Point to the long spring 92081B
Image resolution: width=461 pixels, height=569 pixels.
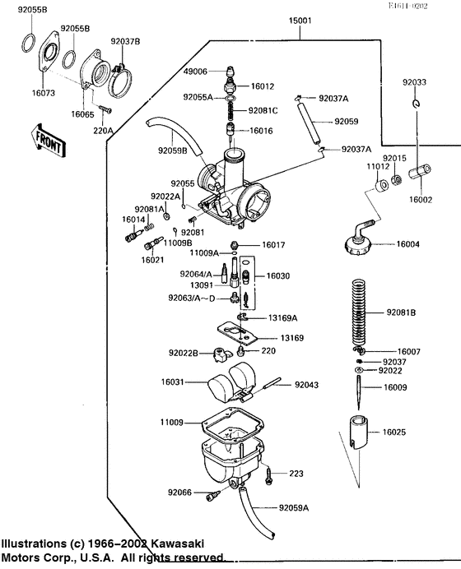[357, 312]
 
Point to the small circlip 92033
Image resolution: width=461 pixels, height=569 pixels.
[418, 103]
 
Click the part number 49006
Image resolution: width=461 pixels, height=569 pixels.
[194, 72]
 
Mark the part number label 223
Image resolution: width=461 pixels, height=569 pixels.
[296, 474]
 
